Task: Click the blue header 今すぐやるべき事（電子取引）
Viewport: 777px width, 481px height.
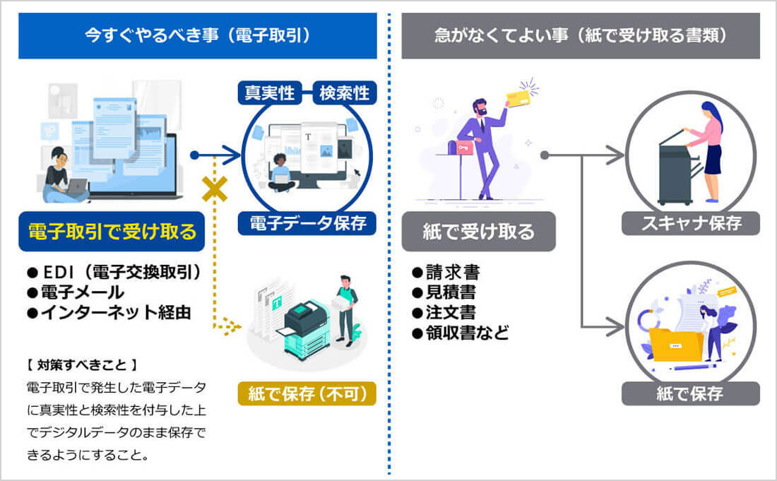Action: pos(197,35)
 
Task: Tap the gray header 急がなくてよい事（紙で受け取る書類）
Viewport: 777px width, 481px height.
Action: pos(581,35)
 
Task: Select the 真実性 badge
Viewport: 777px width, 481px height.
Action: pos(270,93)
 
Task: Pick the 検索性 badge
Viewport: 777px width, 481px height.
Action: pos(344,93)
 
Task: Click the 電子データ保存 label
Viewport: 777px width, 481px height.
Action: pos(308,223)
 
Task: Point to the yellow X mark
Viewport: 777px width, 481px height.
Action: pos(213,189)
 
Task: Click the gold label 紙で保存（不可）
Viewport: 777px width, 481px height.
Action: pos(312,393)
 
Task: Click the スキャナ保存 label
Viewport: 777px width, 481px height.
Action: pos(690,223)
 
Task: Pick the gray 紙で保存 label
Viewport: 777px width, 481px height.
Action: pos(690,393)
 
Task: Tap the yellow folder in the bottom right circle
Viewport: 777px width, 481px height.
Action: pos(676,344)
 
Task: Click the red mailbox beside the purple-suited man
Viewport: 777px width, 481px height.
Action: pos(463,147)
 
